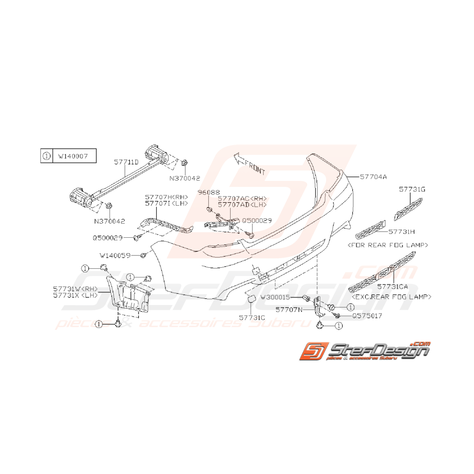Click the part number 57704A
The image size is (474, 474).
pyautogui.click(x=374, y=177)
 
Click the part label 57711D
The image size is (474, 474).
pyautogui.click(x=126, y=162)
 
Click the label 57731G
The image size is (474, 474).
pyautogui.click(x=412, y=189)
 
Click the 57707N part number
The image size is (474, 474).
pyautogui.click(x=289, y=309)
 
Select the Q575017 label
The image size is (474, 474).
pyautogui.click(x=360, y=316)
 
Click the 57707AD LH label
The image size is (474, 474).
pyautogui.click(x=242, y=204)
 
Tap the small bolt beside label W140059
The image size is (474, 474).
pyautogui.click(x=143, y=255)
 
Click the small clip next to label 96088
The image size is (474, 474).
pyautogui.click(x=209, y=209)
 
